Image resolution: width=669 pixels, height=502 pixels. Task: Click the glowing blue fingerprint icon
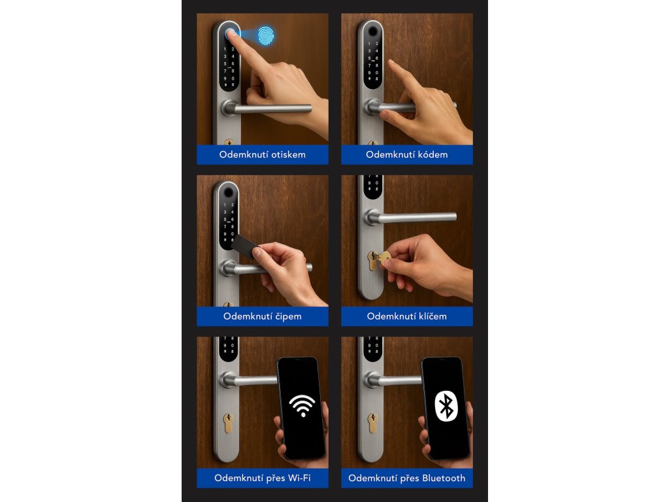click(x=265, y=36)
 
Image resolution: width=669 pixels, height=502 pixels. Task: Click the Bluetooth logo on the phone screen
click(x=446, y=406)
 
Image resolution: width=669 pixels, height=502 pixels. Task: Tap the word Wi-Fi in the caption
click(x=299, y=478)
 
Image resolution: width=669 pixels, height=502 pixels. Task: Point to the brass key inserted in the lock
click(x=382, y=259)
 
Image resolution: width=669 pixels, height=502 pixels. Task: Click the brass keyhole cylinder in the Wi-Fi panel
click(x=228, y=423)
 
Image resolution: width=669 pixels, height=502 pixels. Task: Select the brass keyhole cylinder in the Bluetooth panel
click(x=372, y=423)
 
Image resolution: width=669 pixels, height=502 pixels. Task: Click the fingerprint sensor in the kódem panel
click(x=373, y=31)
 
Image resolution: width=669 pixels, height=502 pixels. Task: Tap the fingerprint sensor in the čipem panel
click(x=228, y=193)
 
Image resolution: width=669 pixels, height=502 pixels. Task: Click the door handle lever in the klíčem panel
click(x=410, y=217)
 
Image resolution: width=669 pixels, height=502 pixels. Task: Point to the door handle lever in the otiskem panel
click(x=267, y=109)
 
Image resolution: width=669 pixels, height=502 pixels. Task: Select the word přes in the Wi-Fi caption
click(x=275, y=478)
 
